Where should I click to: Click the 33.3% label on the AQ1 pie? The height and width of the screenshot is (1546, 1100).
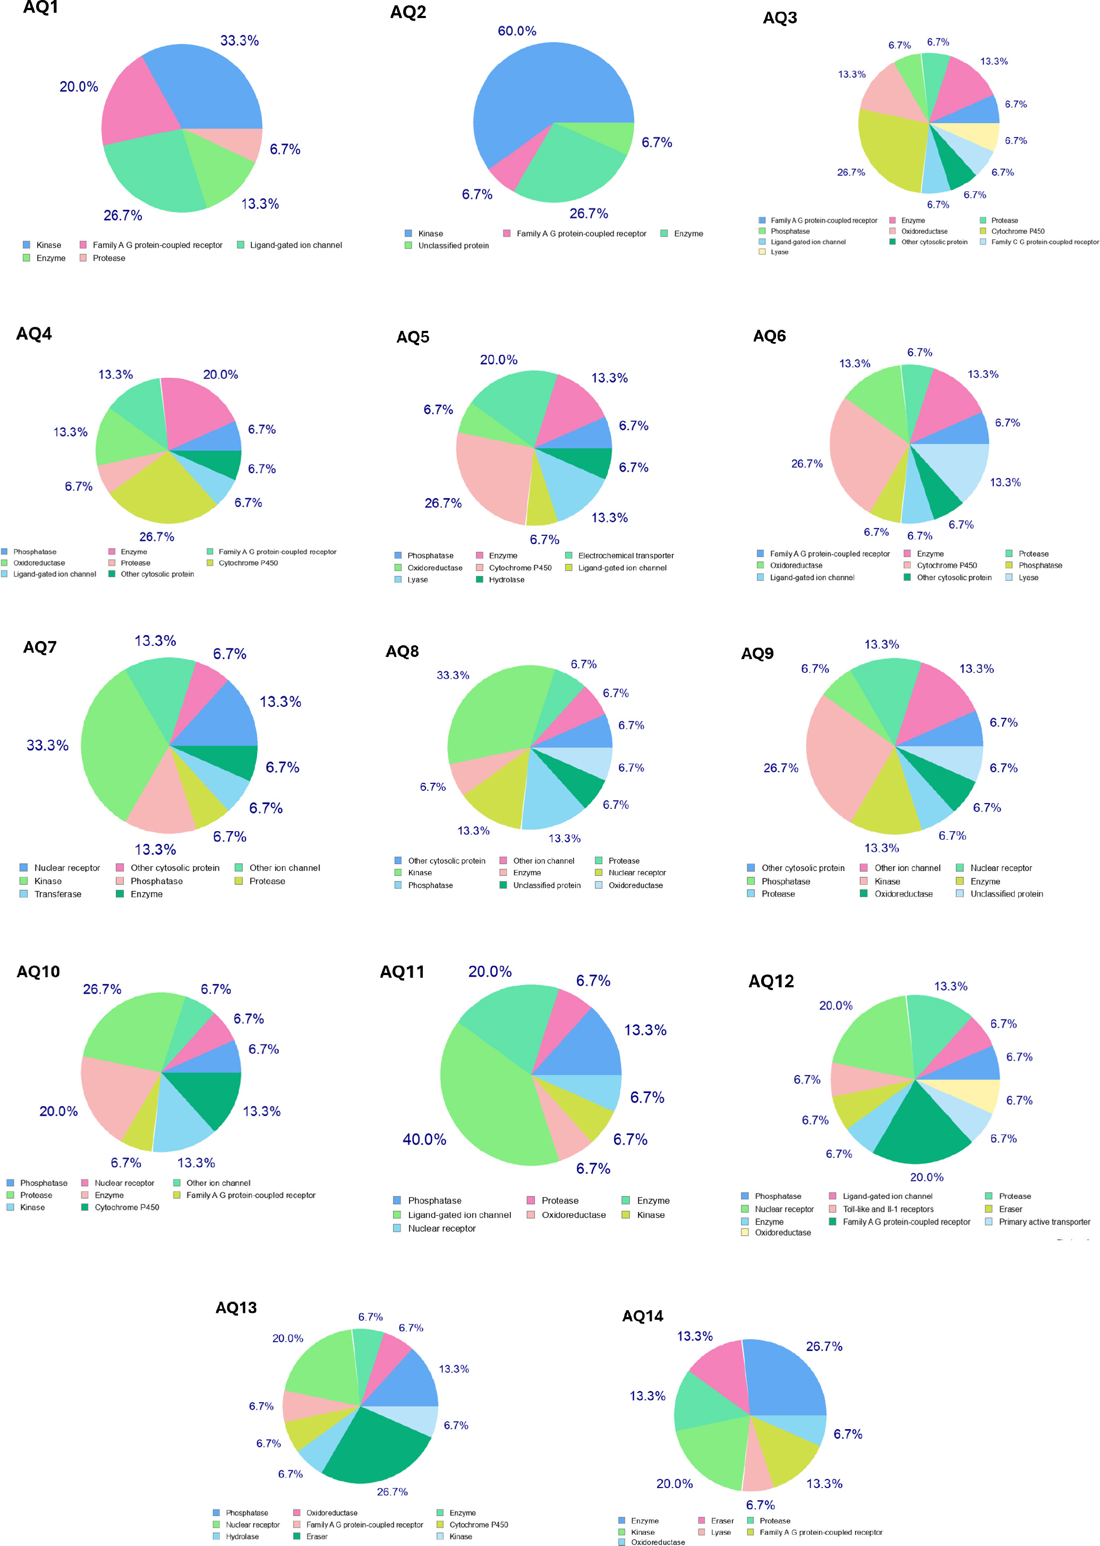click(x=239, y=41)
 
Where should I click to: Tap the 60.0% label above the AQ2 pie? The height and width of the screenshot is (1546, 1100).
click(x=517, y=31)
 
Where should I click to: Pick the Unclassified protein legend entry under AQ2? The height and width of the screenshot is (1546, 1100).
click(x=453, y=246)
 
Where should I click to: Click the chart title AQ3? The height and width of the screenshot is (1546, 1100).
click(x=780, y=18)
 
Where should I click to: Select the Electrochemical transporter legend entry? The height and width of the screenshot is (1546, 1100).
click(x=625, y=556)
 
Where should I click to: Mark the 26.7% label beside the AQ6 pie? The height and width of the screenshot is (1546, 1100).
click(x=807, y=464)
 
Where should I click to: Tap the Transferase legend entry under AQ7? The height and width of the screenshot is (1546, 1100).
click(x=57, y=894)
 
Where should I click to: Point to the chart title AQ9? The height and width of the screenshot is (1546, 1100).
click(x=757, y=653)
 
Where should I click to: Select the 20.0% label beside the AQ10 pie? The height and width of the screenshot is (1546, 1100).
click(x=58, y=1111)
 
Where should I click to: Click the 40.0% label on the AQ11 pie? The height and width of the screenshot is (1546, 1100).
click(x=424, y=1140)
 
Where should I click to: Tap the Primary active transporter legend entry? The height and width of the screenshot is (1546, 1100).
click(x=1044, y=1222)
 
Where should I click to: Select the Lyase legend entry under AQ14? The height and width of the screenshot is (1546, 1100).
click(x=721, y=1532)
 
